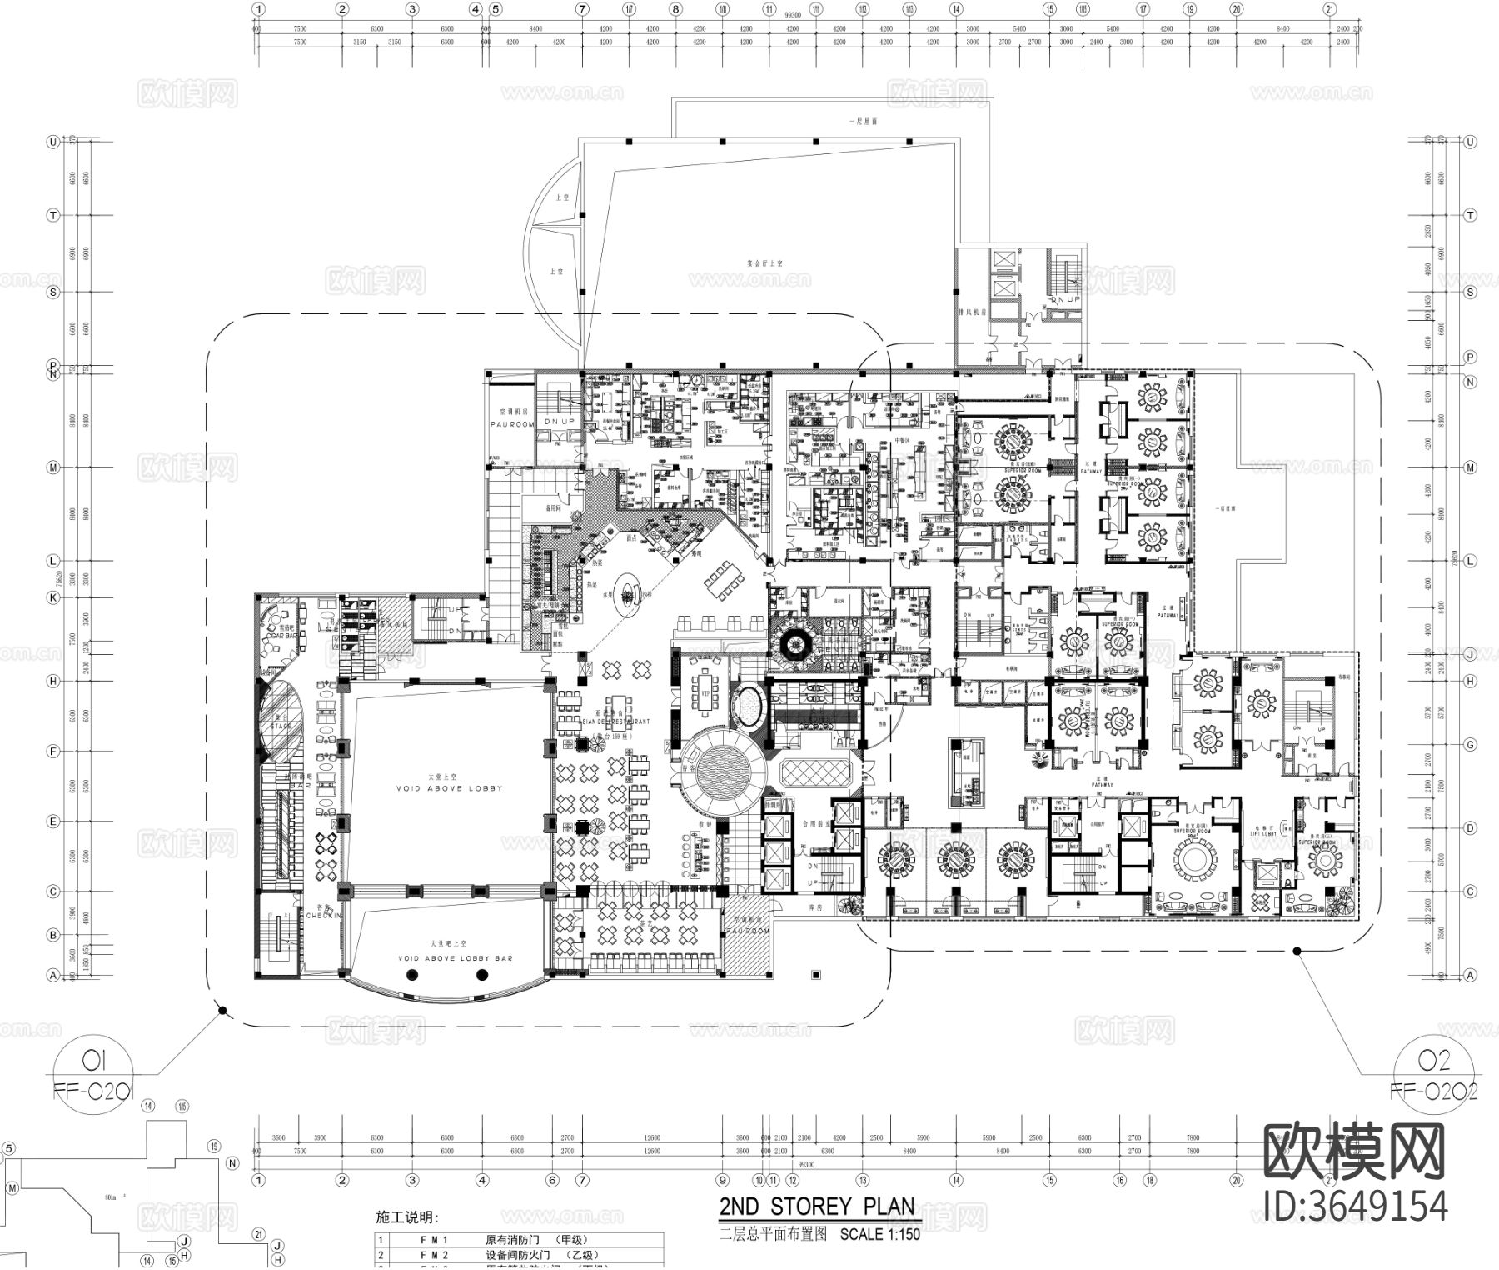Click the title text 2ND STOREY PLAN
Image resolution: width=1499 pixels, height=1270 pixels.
tap(817, 1207)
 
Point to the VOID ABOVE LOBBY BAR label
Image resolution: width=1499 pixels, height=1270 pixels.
tap(455, 958)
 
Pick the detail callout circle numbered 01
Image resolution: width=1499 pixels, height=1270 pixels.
tap(92, 1061)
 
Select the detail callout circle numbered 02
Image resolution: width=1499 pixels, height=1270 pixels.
tap(1434, 1061)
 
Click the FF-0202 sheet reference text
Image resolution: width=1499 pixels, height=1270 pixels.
tap(1433, 1092)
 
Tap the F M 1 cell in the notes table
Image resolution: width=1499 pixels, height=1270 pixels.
tap(434, 1240)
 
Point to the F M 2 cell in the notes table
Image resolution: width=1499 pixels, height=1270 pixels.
tap(434, 1255)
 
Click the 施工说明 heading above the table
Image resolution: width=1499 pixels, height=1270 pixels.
tap(407, 1218)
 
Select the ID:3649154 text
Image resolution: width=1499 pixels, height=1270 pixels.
tap(1355, 1206)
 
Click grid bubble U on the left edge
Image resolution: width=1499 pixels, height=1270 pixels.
tap(53, 142)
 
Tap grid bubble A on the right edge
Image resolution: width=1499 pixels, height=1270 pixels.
tap(1470, 975)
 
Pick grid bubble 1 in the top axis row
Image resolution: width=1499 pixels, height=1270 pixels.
tap(259, 10)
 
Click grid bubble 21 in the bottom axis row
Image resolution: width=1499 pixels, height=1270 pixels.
tap(1330, 1180)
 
